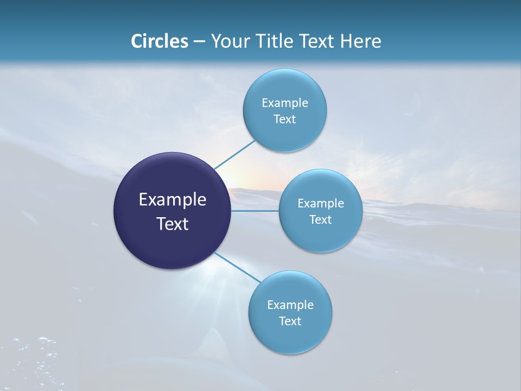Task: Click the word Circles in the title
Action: pyautogui.click(x=160, y=41)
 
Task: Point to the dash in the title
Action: pyautogui.click(x=199, y=42)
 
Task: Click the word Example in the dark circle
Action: pyautogui.click(x=173, y=200)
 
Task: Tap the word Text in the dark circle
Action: pyautogui.click(x=173, y=224)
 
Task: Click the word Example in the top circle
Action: pyautogui.click(x=285, y=103)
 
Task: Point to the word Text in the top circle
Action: pyautogui.click(x=284, y=119)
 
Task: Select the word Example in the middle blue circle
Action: pyautogui.click(x=321, y=203)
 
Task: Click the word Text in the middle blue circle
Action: pyautogui.click(x=320, y=219)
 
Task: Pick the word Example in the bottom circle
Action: pyautogui.click(x=290, y=305)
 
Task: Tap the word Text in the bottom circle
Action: pyautogui.click(x=290, y=321)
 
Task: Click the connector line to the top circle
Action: pyautogui.click(x=234, y=155)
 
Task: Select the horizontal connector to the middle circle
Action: pyautogui.click(x=255, y=211)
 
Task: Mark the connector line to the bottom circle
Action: pyautogui.click(x=237, y=267)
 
